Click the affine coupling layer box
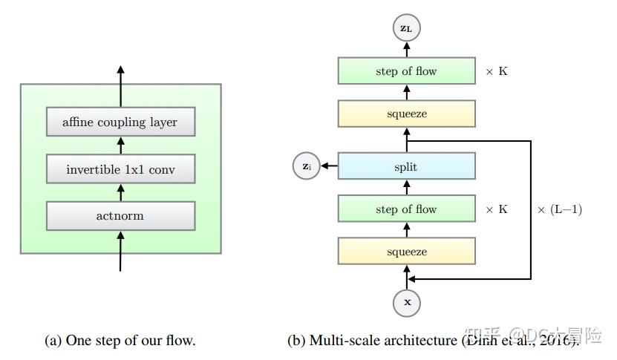pos(120,122)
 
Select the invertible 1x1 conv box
pos(120,169)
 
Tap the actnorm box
pos(120,216)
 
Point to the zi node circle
pos(307,167)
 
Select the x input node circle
pos(406,302)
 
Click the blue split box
pos(406,167)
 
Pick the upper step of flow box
pos(406,71)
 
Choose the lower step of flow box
pos(406,209)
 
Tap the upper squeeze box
pos(406,114)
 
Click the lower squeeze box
pos(406,252)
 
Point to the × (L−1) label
pos(559,209)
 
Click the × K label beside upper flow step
pos(497,71)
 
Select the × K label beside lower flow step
pos(497,209)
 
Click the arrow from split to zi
pos(329,167)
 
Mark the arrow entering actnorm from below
pos(120,250)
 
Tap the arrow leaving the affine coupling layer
pos(120,86)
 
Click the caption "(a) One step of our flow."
pos(120,341)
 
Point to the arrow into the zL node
pos(406,49)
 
